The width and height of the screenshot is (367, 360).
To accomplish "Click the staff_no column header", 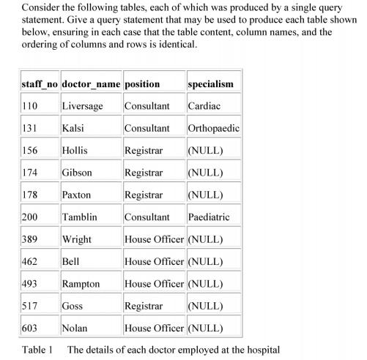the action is tap(40, 83).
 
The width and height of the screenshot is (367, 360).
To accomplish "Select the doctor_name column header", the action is tap(91, 83).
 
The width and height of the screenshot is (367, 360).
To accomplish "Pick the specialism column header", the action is tap(210, 83).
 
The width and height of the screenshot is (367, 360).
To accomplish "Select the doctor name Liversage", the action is tap(82, 106).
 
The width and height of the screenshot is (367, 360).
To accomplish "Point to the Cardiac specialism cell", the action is tap(203, 106).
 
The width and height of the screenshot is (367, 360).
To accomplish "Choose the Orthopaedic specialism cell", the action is tap(213, 128).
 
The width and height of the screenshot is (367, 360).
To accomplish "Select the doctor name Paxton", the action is tap(77, 195).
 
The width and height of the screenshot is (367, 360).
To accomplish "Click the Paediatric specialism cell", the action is tap(209, 217).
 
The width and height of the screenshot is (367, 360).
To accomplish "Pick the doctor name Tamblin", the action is tap(80, 217).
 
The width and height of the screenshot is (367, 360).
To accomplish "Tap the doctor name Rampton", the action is tap(81, 284).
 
